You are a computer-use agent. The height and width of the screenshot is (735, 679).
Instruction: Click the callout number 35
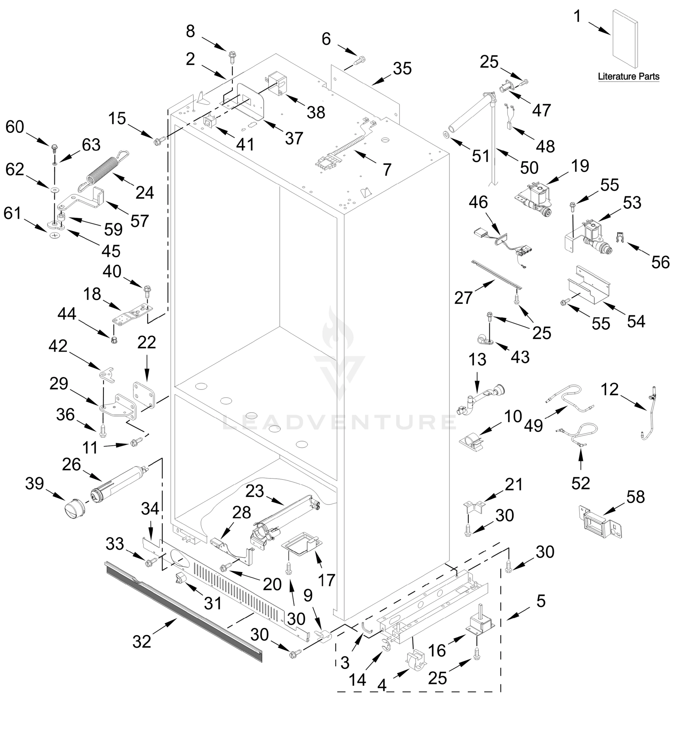point(402,69)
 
